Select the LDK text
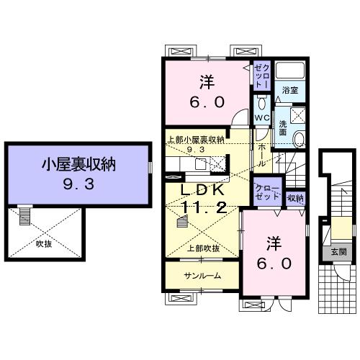(x=203, y=191)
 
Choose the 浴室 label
(x=290, y=91)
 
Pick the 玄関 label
(x=338, y=252)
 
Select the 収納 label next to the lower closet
(x=295, y=198)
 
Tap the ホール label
(x=262, y=154)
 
